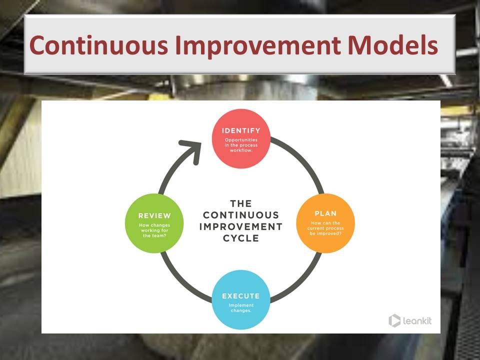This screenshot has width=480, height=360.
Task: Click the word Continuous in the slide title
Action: (98, 45)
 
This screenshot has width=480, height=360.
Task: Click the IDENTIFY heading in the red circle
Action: (241, 130)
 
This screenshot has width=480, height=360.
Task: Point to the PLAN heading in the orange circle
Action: (325, 213)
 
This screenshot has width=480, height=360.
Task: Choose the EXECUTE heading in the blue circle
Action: (241, 296)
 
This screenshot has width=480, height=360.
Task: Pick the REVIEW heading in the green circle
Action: (154, 216)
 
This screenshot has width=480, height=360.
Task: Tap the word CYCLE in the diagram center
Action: (241, 238)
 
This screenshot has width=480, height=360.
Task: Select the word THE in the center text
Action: (241, 203)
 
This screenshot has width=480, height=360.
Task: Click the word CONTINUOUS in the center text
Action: (241, 215)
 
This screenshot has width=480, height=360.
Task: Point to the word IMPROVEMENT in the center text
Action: (241, 226)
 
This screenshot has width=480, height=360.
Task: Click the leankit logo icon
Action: (394, 320)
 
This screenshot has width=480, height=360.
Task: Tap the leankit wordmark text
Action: (417, 321)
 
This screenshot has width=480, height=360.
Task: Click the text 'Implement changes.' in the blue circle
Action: (241, 308)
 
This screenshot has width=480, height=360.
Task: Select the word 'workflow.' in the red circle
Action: (241, 150)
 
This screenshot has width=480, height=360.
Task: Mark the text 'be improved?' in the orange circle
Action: (325, 233)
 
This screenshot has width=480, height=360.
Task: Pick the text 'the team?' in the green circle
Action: (154, 235)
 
